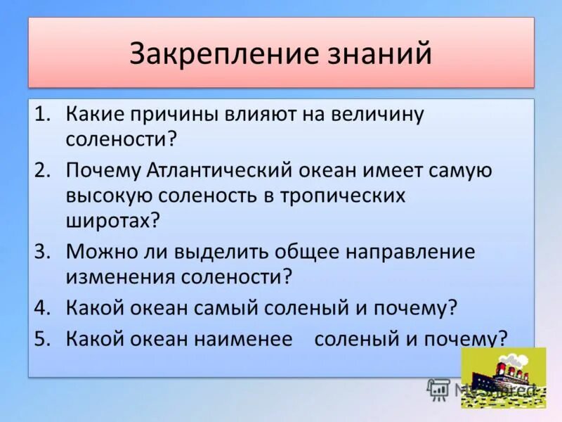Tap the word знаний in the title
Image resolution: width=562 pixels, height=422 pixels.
(x=377, y=54)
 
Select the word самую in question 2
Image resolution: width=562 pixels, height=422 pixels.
(x=457, y=171)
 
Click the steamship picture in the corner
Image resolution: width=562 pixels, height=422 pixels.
(x=503, y=378)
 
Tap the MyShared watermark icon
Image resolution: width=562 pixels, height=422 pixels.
(x=438, y=389)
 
